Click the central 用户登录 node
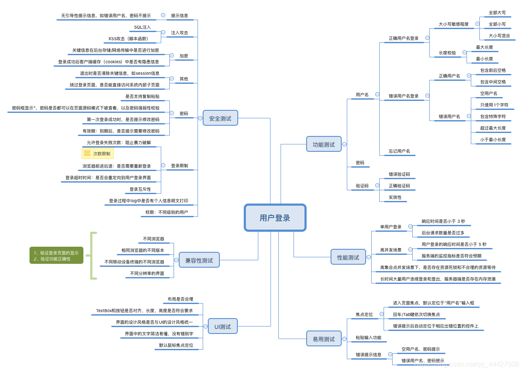[275, 218]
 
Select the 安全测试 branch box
[220, 118]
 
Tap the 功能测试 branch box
[324, 145]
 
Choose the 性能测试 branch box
[348, 257]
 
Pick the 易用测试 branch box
[324, 339]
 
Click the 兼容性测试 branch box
[199, 260]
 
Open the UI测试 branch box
[222, 327]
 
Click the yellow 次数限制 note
[98, 154]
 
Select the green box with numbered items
[56, 256]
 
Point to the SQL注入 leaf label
[142, 27]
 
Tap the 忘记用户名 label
[399, 151]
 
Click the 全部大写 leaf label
[497, 13]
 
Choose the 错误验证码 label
[399, 174]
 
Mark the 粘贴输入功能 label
[368, 337]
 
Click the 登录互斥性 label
[140, 189]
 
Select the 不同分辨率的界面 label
[147, 273]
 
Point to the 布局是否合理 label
[180, 299]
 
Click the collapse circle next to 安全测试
[200, 118]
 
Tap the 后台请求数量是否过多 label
[443, 233]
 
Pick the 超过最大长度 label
[493, 128]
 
